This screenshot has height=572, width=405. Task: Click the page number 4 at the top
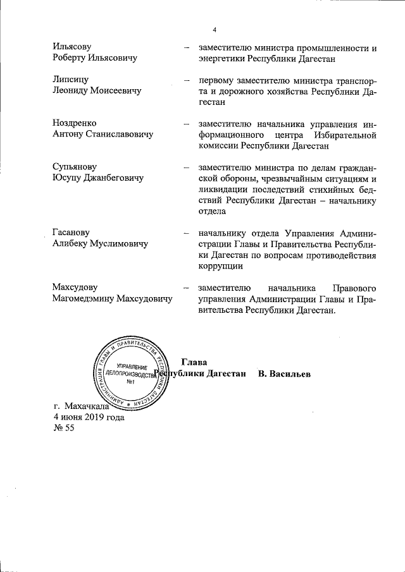click(x=215, y=30)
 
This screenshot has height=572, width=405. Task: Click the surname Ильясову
click(x=72, y=47)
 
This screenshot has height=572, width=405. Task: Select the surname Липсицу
click(x=71, y=80)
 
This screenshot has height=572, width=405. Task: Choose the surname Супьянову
click(x=75, y=167)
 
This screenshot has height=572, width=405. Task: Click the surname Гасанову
click(x=73, y=233)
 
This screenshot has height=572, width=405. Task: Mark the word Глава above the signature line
click(x=194, y=362)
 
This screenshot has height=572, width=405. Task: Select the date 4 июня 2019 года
click(x=89, y=417)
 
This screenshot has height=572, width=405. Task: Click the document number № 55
click(x=64, y=429)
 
